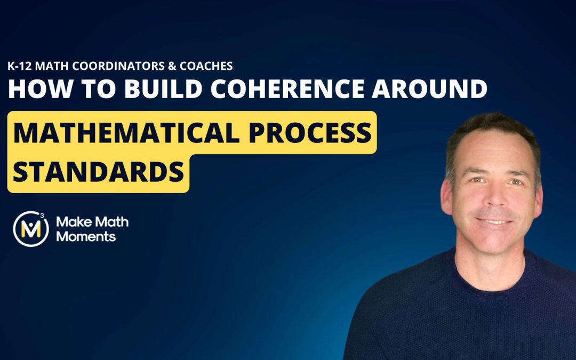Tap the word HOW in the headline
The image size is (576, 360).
pyautogui.click(x=33, y=89)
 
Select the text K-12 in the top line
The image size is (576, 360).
pyautogui.click(x=20, y=67)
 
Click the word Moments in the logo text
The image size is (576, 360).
pyautogui.click(x=86, y=237)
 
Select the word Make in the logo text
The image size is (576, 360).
pyautogui.click(x=70, y=222)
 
